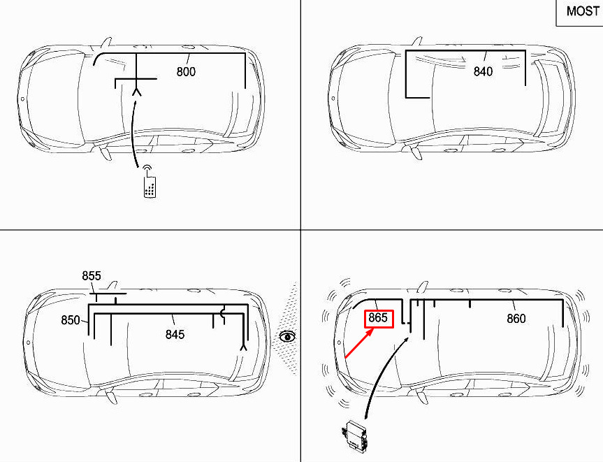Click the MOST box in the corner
[x=580, y=13]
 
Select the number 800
[x=186, y=71]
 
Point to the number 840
[x=483, y=71]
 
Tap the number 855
[x=92, y=276]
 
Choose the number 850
[x=71, y=320]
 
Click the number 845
[x=175, y=334]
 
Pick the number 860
[x=516, y=319]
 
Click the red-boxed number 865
[x=379, y=319]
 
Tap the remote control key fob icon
[x=150, y=182]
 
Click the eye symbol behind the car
[x=287, y=337]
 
